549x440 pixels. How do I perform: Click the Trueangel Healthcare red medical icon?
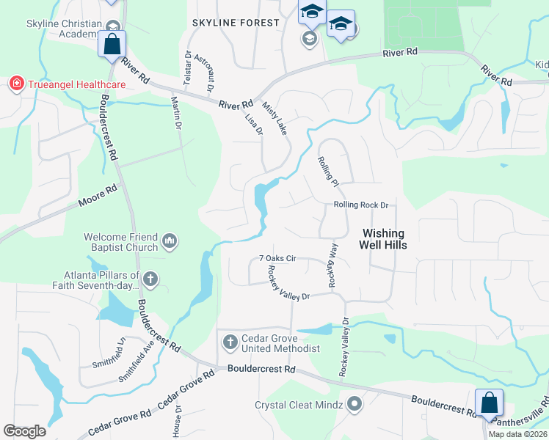click(x=15, y=84)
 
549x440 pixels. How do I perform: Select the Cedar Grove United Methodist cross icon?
click(x=230, y=342)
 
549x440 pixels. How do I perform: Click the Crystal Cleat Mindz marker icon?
click(x=355, y=404)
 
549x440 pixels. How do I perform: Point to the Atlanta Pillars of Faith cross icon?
click(x=150, y=279)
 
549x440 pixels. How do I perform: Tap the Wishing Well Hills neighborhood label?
click(x=384, y=240)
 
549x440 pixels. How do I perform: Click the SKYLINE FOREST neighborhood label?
click(x=236, y=23)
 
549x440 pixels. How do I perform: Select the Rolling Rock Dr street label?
click(x=360, y=205)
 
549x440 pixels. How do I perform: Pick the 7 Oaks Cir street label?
click(x=277, y=259)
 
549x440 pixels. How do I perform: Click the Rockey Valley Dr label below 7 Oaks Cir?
click(x=289, y=282)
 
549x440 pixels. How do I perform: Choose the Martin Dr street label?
click(x=175, y=113)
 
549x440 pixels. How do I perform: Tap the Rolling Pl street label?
click(x=328, y=170)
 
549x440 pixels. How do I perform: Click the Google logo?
click(x=25, y=431)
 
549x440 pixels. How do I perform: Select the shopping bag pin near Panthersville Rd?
click(x=489, y=403)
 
